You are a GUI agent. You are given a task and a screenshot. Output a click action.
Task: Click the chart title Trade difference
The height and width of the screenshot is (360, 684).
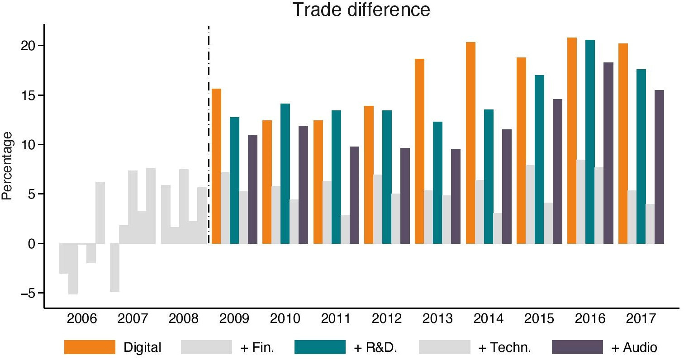click(x=361, y=10)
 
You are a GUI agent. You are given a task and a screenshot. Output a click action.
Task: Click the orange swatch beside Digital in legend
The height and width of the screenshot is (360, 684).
click(x=90, y=347)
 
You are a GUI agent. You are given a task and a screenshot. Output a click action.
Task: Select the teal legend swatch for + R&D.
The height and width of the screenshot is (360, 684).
click(x=320, y=347)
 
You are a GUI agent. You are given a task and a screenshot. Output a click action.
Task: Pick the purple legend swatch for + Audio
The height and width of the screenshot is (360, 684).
click(x=578, y=347)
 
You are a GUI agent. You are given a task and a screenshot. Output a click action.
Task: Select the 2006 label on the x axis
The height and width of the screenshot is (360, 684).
click(x=82, y=319)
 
